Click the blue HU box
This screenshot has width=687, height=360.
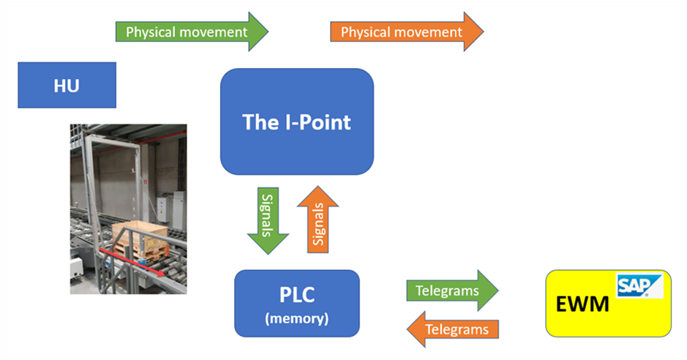click(x=67, y=85)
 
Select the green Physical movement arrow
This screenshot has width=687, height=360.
click(x=192, y=31)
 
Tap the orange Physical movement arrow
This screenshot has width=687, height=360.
click(x=407, y=31)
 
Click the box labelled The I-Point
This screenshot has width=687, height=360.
click(x=297, y=121)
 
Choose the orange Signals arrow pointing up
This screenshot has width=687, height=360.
click(x=318, y=220)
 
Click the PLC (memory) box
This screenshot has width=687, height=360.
click(x=297, y=304)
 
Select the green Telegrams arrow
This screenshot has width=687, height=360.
click(x=452, y=290)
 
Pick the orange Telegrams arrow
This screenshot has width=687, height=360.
click(x=453, y=329)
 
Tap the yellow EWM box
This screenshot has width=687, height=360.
click(x=608, y=304)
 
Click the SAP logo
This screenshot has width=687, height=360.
click(x=639, y=285)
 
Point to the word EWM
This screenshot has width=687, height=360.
click(x=582, y=304)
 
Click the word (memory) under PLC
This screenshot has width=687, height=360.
click(x=296, y=318)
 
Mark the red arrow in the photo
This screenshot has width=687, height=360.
click(x=132, y=262)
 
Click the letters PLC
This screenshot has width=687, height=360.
click(x=297, y=295)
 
